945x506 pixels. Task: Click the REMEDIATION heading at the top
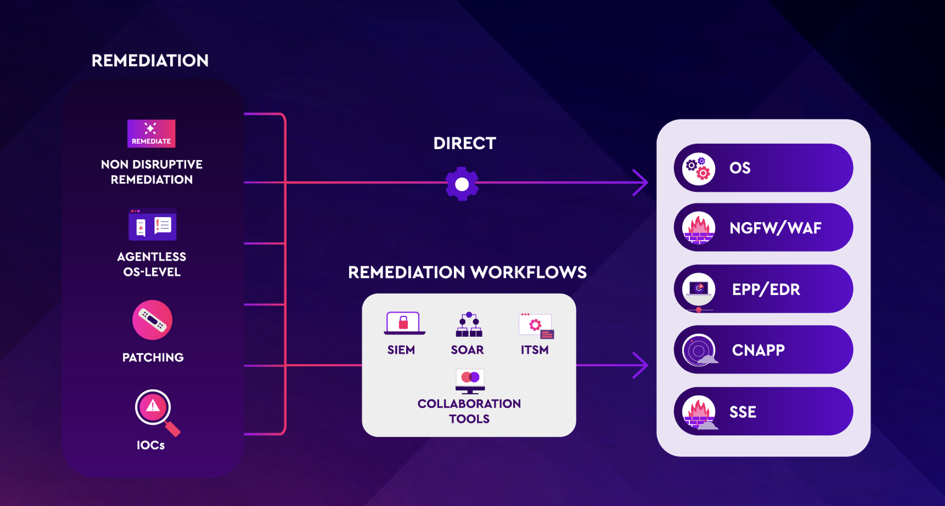coord(150,61)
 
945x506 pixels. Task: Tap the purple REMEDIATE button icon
coord(151,133)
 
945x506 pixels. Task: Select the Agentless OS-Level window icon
coord(152,225)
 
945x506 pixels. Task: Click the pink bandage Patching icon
coord(152,320)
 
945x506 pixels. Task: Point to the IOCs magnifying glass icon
coord(155,410)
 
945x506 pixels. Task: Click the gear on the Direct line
coord(462,184)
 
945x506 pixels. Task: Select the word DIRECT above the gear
coord(464,143)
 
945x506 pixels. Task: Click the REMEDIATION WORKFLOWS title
coord(467,273)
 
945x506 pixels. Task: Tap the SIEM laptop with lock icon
coord(404,323)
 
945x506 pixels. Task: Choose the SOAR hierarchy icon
coord(468,325)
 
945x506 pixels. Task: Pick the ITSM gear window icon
coord(536,326)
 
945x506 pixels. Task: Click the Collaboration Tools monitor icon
coord(470,381)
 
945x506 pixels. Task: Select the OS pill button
coord(763,168)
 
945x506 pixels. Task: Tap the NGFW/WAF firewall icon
coord(698,228)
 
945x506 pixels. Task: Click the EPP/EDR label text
coord(766,290)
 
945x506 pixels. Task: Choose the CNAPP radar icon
coord(699,350)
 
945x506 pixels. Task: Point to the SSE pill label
coord(742,412)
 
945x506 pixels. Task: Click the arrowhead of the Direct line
coord(642,182)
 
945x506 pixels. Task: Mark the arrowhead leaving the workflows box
coord(642,365)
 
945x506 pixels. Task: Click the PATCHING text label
coord(153,357)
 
